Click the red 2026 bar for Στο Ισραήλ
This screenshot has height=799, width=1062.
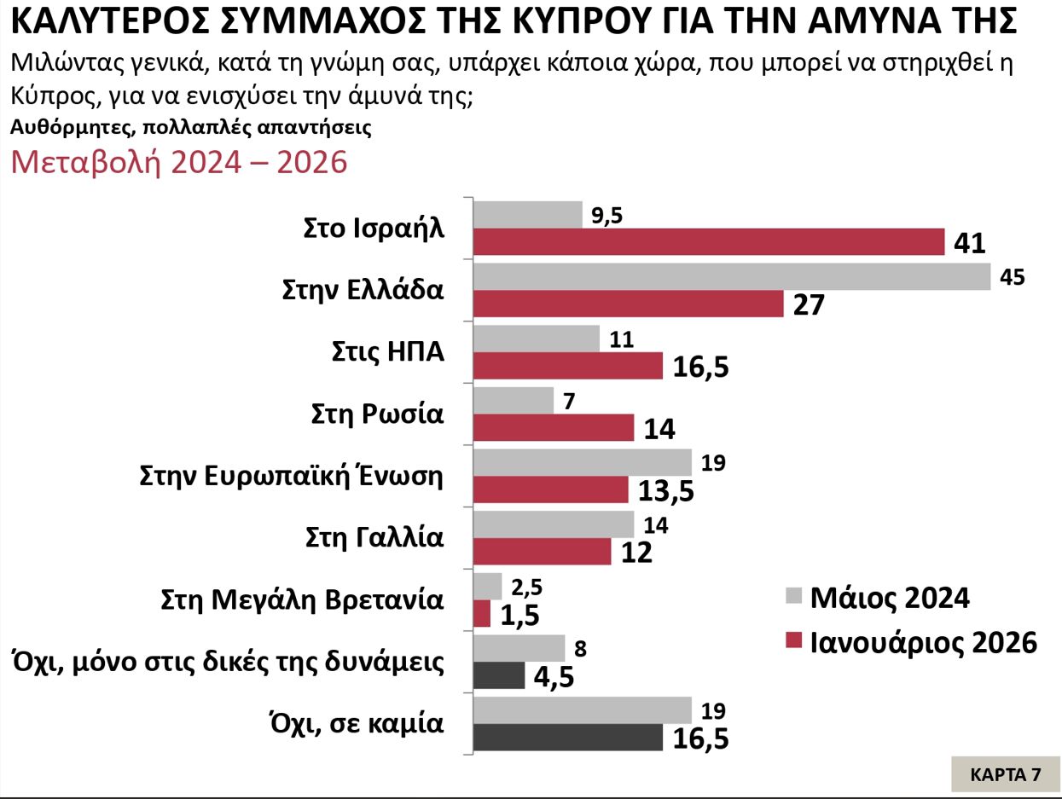tap(708, 242)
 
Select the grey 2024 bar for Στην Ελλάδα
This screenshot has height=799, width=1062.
tap(731, 276)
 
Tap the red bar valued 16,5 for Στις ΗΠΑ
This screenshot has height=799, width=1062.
tap(567, 365)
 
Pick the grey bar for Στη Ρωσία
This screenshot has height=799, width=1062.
tap(513, 400)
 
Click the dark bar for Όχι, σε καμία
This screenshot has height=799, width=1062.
tap(567, 738)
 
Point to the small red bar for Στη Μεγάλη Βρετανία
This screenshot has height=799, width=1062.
tap(481, 614)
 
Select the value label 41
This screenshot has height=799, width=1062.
tap(970, 244)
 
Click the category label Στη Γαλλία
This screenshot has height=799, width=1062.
tap(374, 537)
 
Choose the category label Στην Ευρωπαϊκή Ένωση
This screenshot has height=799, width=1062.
tap(292, 476)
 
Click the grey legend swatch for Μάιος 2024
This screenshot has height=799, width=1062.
tap(793, 596)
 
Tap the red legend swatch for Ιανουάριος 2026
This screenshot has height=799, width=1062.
tap(793, 641)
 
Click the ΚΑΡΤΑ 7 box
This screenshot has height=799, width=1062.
tap(1006, 774)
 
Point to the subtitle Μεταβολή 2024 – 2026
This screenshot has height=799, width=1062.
tap(178, 162)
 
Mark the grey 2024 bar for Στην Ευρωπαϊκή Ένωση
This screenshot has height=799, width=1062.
tap(582, 462)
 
